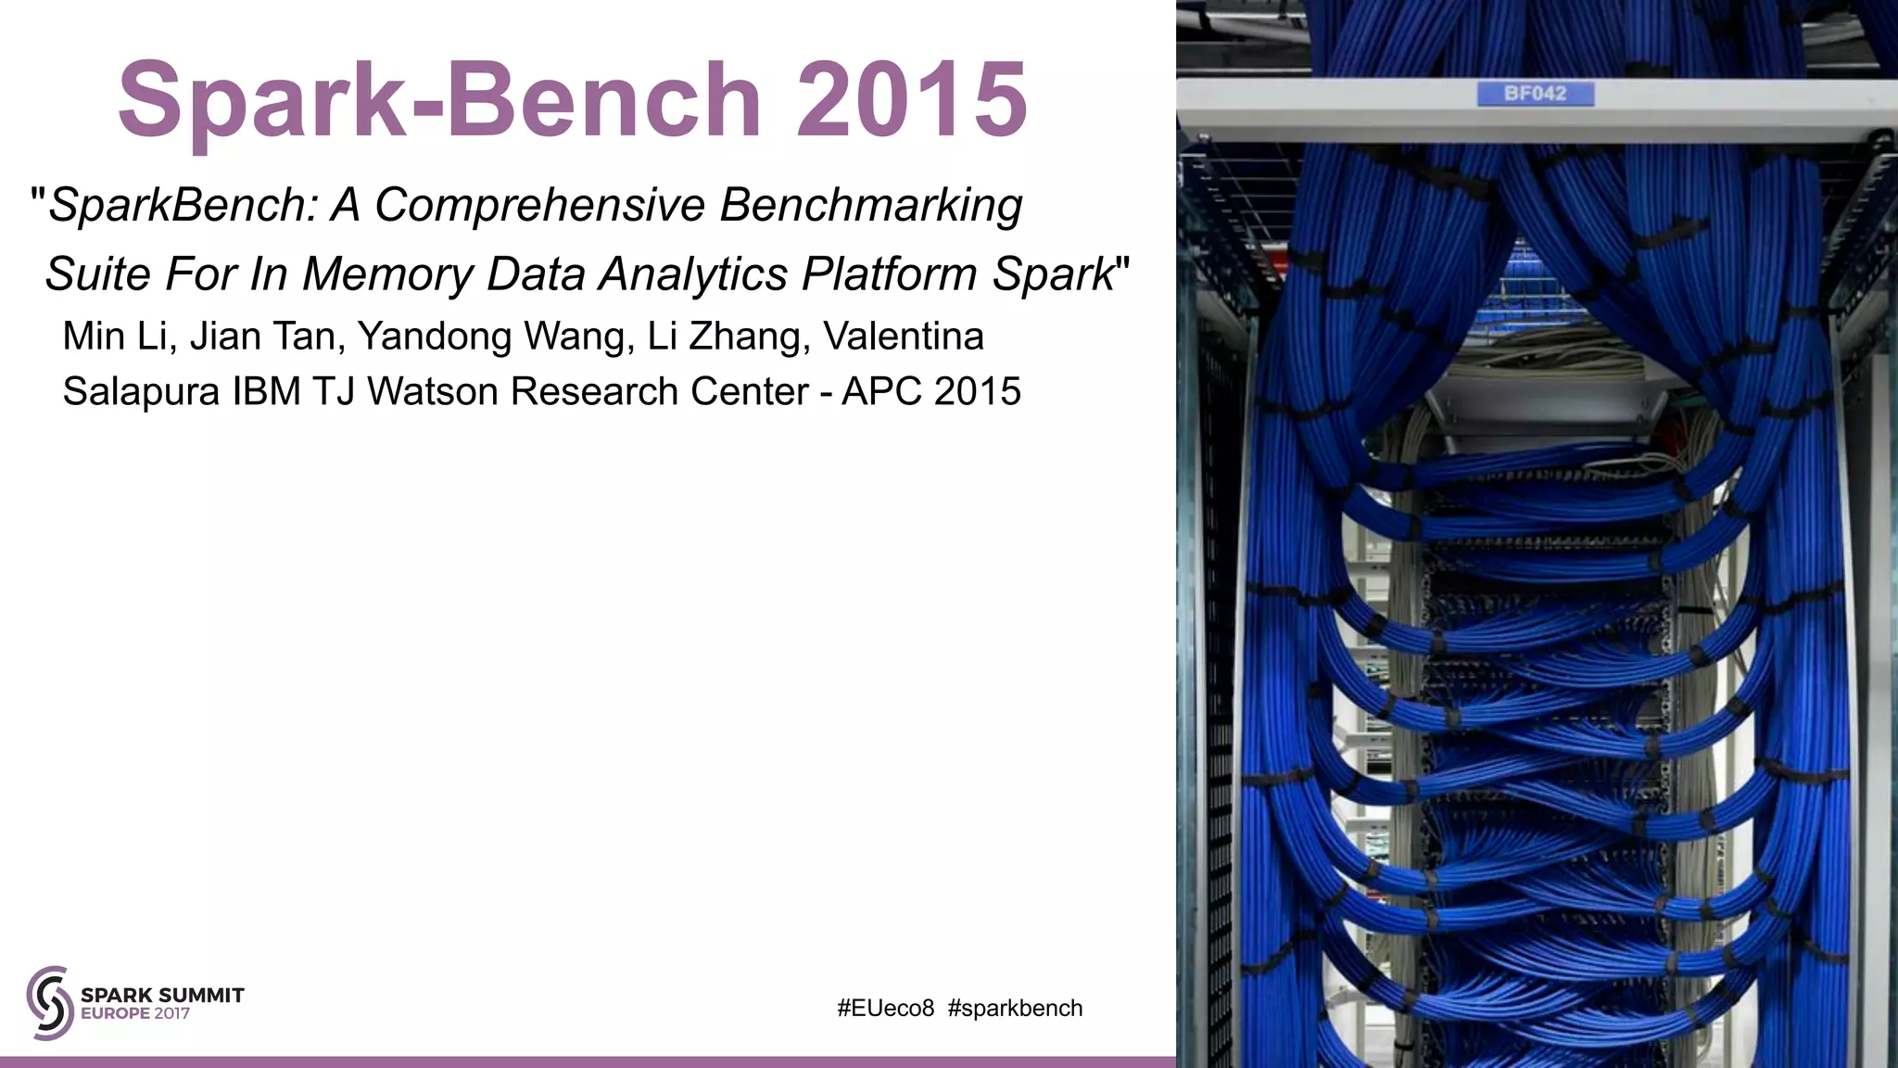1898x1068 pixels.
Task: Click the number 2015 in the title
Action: pyautogui.click(x=911, y=98)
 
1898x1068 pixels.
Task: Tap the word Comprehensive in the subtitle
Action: pyautogui.click(x=539, y=205)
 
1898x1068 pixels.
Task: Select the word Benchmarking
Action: pyautogui.click(x=871, y=205)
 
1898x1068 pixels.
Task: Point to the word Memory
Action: pyautogui.click(x=388, y=274)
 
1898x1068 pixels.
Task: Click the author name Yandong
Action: pyautogui.click(x=434, y=337)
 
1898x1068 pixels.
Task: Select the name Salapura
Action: pyautogui.click(x=141, y=392)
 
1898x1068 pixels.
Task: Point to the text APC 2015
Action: pyautogui.click(x=930, y=392)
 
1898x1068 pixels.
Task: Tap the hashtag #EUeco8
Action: pyautogui.click(x=885, y=1009)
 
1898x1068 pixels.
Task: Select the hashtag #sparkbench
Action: pyautogui.click(x=1015, y=1009)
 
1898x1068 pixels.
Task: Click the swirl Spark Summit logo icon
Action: pyautogui.click(x=50, y=1002)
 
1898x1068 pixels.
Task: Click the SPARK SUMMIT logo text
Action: pyautogui.click(x=162, y=995)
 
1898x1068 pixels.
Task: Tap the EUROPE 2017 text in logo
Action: pyautogui.click(x=135, y=1014)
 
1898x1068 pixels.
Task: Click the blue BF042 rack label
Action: pyautogui.click(x=1535, y=94)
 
